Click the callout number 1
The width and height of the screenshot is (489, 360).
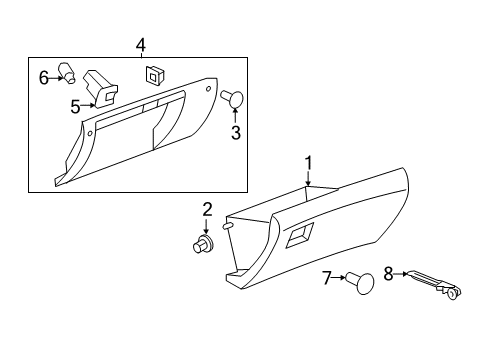pos(309,163)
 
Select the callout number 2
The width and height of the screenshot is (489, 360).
pos(207,209)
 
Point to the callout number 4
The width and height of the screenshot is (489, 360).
pos(140,44)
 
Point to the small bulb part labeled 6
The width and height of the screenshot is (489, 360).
pos(68,72)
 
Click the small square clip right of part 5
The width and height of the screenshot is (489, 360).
pos(155,73)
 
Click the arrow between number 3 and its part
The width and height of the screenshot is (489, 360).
pos(236,116)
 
